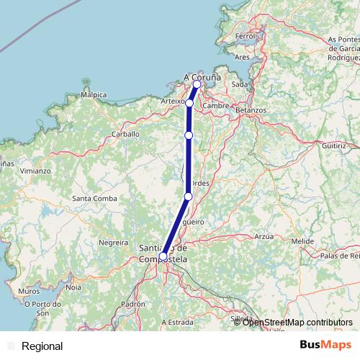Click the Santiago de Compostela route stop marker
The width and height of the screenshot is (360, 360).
(163, 256)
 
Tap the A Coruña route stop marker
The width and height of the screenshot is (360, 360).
(197, 84)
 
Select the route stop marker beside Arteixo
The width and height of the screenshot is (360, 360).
(189, 103)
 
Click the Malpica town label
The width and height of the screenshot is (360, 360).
(94, 94)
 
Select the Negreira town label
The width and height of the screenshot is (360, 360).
(112, 243)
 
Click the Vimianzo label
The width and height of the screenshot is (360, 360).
(35, 171)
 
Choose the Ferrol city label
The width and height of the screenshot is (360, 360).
(246, 35)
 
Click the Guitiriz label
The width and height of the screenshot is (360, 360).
(335, 145)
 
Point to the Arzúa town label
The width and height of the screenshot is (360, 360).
(264, 236)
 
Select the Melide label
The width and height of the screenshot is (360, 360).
(302, 240)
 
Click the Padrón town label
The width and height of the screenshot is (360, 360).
(133, 304)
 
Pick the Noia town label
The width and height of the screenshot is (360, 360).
(73, 287)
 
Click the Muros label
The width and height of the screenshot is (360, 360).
(30, 291)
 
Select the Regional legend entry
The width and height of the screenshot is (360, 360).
(42, 346)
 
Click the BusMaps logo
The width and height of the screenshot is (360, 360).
(326, 346)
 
